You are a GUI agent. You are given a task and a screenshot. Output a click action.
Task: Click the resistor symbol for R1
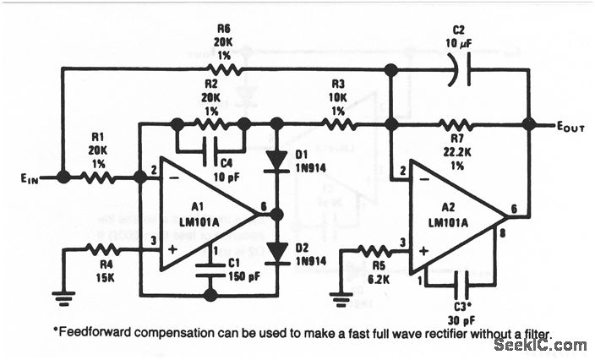98,177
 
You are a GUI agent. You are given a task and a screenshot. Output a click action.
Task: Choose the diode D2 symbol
275,251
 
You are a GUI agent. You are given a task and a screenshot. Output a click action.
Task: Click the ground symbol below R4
63,297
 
